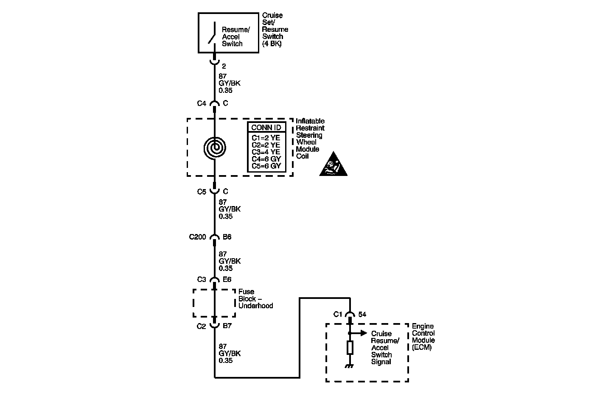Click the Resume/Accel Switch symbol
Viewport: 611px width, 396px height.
[x=212, y=33]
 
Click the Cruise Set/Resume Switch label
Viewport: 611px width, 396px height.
[x=275, y=29]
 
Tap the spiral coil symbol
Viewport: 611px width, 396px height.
[x=215, y=148]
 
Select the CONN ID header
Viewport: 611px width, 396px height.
[x=266, y=128]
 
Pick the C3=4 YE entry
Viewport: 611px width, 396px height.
[x=266, y=152]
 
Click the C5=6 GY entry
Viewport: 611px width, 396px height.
[x=266, y=166]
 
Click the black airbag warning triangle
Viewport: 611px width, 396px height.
[x=333, y=165]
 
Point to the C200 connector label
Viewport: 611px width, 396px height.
[x=197, y=237]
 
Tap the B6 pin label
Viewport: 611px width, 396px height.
[x=227, y=237]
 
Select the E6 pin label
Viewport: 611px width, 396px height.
[x=227, y=279]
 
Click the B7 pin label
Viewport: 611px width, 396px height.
[x=227, y=326]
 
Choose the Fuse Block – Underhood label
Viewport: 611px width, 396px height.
[x=255, y=298]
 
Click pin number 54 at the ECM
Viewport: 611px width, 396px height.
[x=362, y=315]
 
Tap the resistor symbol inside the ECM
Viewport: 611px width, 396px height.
[x=350, y=348]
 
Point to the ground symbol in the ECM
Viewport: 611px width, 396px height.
[x=350, y=366]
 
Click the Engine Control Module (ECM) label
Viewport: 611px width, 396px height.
[x=423, y=337]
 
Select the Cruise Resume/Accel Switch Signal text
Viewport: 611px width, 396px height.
[x=385, y=348]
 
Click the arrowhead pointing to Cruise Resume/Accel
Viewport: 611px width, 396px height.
[x=364, y=333]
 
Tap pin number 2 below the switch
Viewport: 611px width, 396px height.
[x=224, y=66]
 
